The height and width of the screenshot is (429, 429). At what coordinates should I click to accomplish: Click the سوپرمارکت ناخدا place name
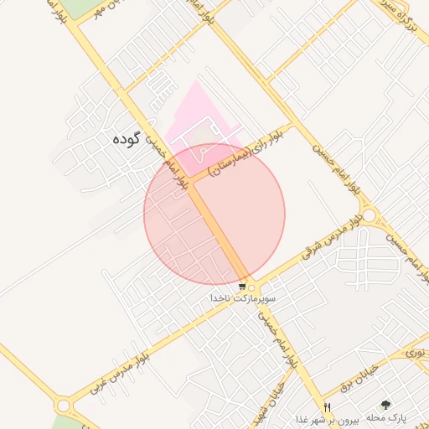tap(244, 298)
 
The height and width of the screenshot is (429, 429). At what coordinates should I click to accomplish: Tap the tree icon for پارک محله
tap(385, 404)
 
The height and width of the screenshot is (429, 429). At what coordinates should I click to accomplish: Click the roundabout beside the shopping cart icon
tap(253, 286)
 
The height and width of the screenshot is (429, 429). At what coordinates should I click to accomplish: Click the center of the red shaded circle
tap(214, 214)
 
